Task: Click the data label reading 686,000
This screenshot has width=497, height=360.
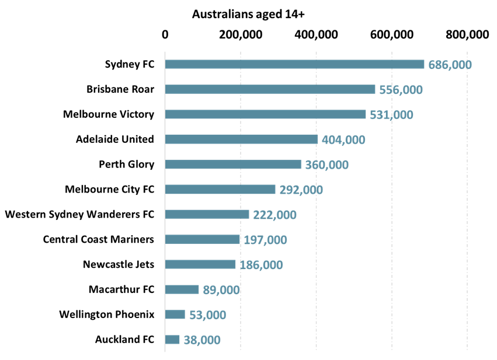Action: [x=450, y=65]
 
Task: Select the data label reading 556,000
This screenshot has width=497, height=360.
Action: [x=401, y=90]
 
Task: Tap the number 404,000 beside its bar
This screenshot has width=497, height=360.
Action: [x=343, y=140]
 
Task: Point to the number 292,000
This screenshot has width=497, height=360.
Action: [x=301, y=190]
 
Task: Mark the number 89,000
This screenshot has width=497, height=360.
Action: [x=221, y=291]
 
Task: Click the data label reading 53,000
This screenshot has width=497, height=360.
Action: [x=207, y=315]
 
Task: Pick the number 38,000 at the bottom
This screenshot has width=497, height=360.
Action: [x=202, y=340]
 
